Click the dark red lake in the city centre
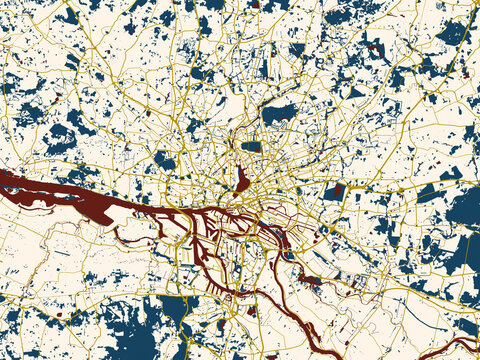pos(242,180)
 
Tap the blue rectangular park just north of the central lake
pos(251,146)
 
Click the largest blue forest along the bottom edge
pos(130,325)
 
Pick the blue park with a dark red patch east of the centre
pos(339,191)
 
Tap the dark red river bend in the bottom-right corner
pos(455,345)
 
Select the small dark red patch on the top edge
pos(254,4)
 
